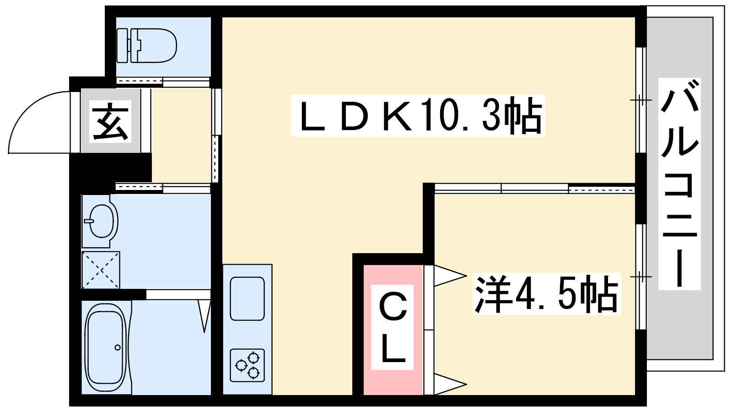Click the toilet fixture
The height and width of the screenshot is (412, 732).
[x=147, y=45]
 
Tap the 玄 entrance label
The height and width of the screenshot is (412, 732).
[x=110, y=121]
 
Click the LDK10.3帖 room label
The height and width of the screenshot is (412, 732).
[x=418, y=115]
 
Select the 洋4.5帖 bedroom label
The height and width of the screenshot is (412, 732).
[x=546, y=293]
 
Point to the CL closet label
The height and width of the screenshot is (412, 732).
[x=392, y=327]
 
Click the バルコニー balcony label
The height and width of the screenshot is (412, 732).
[x=679, y=184]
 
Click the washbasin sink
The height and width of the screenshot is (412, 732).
[x=100, y=221]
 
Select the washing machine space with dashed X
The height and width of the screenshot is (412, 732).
[x=101, y=270]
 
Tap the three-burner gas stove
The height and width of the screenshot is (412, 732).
[x=248, y=365]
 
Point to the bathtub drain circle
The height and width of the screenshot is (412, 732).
[x=117, y=347]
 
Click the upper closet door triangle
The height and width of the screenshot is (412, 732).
[x=450, y=275]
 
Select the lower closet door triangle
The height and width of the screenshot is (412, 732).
[x=450, y=384]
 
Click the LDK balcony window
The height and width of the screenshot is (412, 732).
[x=641, y=100]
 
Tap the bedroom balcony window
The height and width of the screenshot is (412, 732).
[x=641, y=276]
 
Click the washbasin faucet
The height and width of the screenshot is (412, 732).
[x=89, y=221]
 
